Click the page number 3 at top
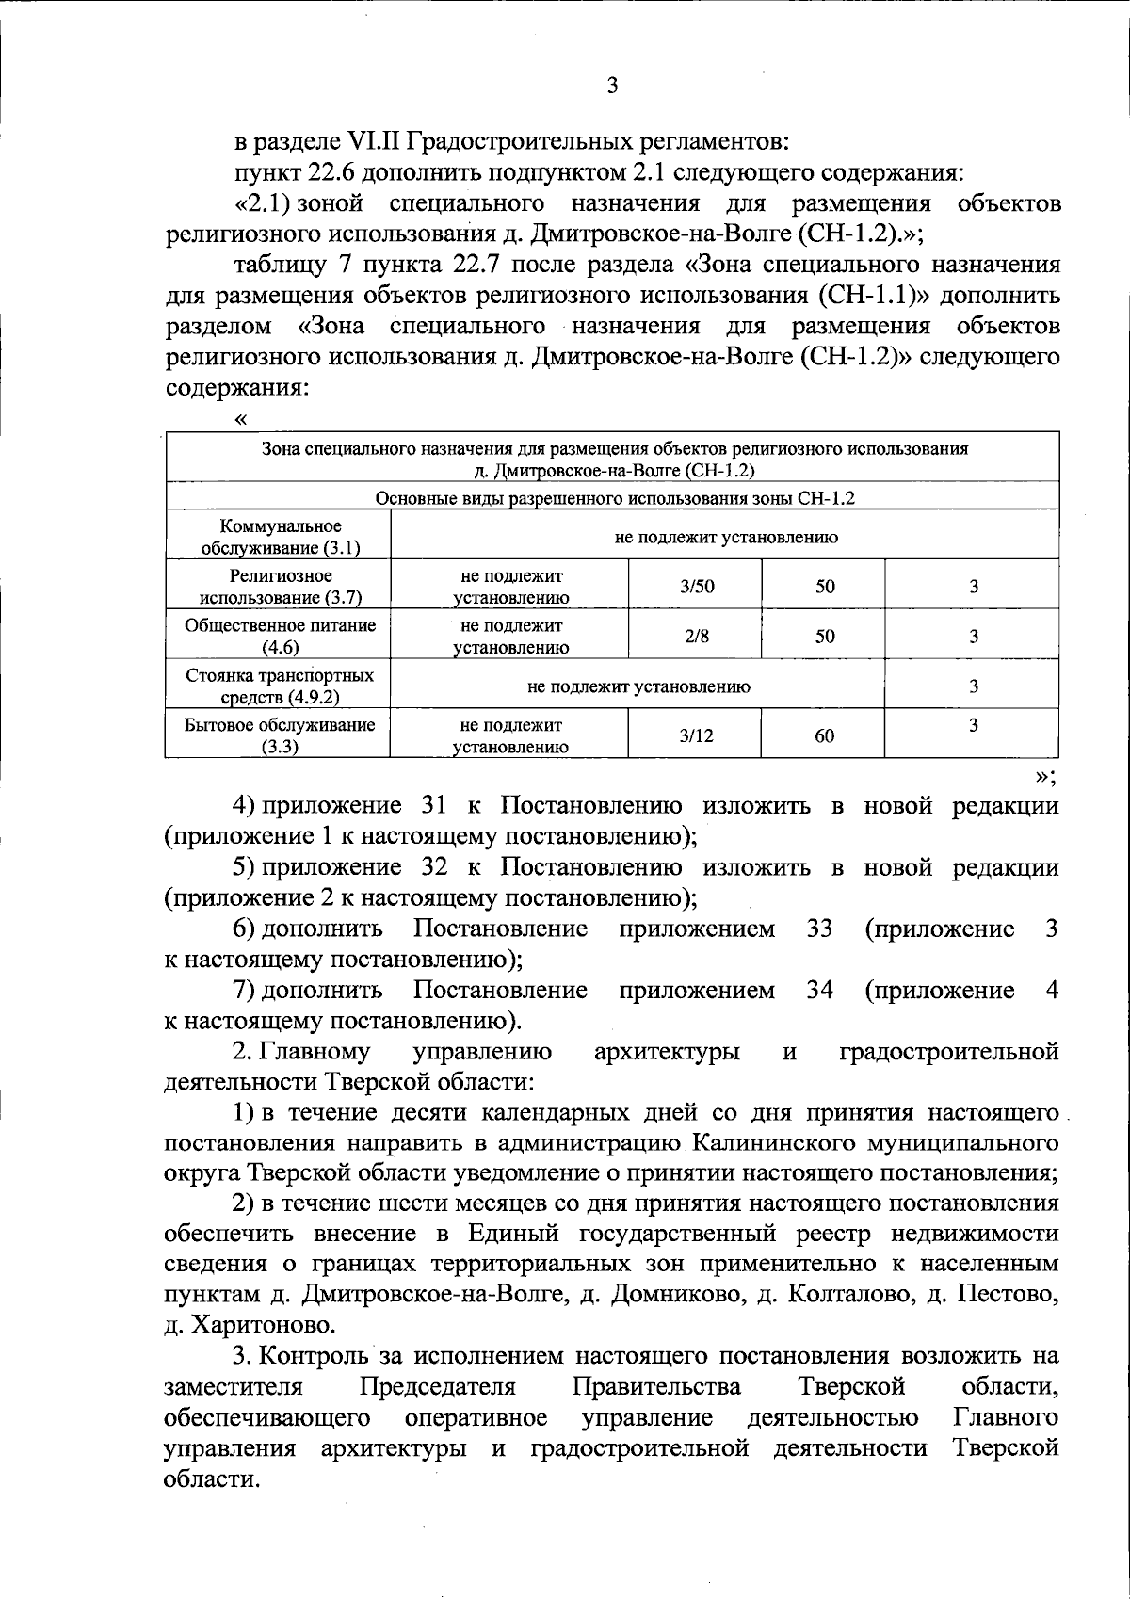click(612, 87)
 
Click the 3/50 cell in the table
click(697, 587)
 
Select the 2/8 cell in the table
click(697, 637)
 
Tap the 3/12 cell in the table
click(697, 736)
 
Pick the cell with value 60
click(824, 736)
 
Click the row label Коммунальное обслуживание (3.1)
click(280, 537)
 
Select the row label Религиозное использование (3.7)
click(280, 586)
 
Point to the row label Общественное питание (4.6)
click(280, 636)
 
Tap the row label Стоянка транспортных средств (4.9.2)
click(280, 686)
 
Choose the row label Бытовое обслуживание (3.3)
click(280, 735)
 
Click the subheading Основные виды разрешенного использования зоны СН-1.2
click(614, 499)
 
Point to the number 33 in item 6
click(820, 929)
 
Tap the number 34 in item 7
click(820, 991)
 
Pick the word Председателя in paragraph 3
click(438, 1387)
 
